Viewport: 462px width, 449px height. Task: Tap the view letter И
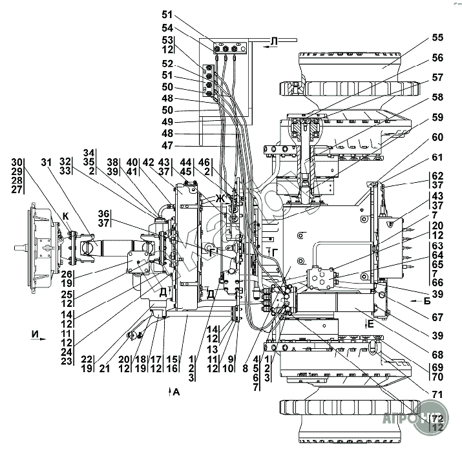click(x=34, y=334)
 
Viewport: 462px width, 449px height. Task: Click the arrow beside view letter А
click(x=169, y=391)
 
